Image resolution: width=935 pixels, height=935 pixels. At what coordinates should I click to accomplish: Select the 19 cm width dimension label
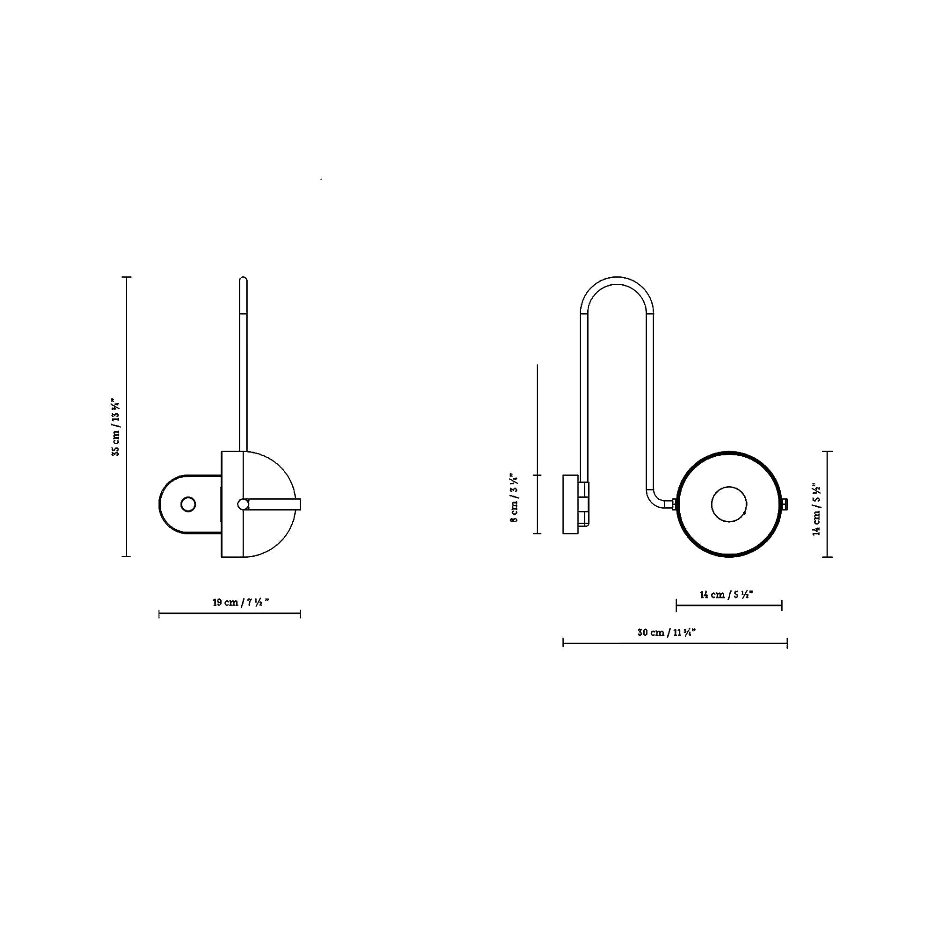[x=240, y=603]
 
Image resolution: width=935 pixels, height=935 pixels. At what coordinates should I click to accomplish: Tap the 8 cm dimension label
[x=514, y=497]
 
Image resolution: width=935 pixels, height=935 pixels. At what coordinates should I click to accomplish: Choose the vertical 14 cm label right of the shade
[x=816, y=508]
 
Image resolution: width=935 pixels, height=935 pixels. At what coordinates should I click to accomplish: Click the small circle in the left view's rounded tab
[x=188, y=504]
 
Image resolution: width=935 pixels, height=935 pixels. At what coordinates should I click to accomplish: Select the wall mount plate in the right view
[x=570, y=504]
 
